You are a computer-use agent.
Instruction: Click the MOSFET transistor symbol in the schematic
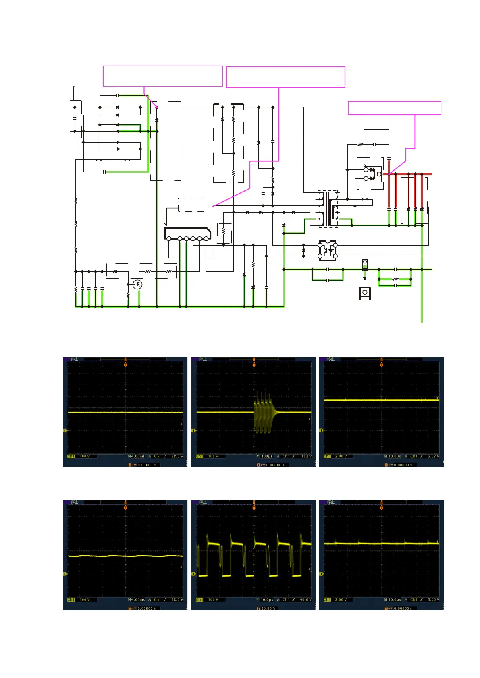137,285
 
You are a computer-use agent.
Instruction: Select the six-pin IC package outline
187,234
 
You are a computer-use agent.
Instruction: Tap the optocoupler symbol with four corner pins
328,250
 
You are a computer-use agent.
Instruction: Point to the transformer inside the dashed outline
328,209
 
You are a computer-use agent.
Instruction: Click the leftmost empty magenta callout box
163,76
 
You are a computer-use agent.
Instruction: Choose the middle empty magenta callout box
285,77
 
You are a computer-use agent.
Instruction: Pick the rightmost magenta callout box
395,108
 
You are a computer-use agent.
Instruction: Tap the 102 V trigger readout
306,457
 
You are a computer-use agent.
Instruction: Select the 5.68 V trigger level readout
434,457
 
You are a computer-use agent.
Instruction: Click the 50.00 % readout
268,608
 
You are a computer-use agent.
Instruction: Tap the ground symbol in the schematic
365,278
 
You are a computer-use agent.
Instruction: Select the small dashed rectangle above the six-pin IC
191,205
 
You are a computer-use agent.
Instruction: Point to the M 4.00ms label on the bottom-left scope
137,600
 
